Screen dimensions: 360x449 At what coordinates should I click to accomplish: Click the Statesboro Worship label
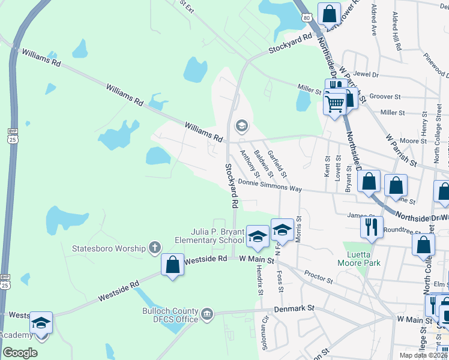(x=109, y=248)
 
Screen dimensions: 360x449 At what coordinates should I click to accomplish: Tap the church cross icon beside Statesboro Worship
(x=155, y=247)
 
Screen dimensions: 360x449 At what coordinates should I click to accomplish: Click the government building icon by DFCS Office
(x=207, y=313)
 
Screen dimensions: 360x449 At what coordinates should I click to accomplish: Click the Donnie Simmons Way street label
(x=270, y=185)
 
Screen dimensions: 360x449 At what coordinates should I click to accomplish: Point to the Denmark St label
(x=295, y=308)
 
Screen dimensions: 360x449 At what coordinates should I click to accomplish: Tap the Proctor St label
(x=318, y=276)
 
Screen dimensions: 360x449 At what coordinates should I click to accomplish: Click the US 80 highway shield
(x=307, y=18)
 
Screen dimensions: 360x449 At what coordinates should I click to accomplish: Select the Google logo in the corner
(x=20, y=353)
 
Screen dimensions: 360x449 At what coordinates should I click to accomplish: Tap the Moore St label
(x=413, y=141)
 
